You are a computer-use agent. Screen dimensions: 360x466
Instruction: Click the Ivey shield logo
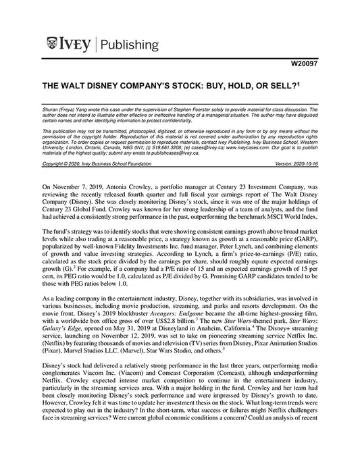pos(54,45)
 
